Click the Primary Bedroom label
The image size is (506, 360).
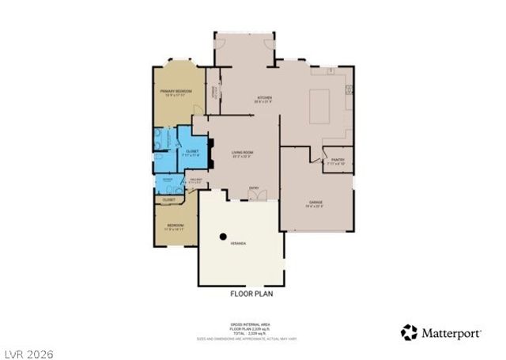click(176, 92)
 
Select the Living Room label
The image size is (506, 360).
click(242, 153)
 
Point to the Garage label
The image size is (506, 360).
click(315, 203)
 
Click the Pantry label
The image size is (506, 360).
click(338, 160)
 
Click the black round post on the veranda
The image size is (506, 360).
click(224, 236)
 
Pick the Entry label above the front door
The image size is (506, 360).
click(254, 188)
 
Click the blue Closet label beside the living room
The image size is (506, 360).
click(192, 152)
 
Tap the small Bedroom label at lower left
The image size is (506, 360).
click(175, 225)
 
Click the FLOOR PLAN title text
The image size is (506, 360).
click(252, 294)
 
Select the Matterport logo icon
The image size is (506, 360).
click(409, 332)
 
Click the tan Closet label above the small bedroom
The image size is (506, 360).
click(168, 200)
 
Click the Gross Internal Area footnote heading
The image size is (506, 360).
click(252, 323)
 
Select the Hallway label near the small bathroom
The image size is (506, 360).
click(194, 180)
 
